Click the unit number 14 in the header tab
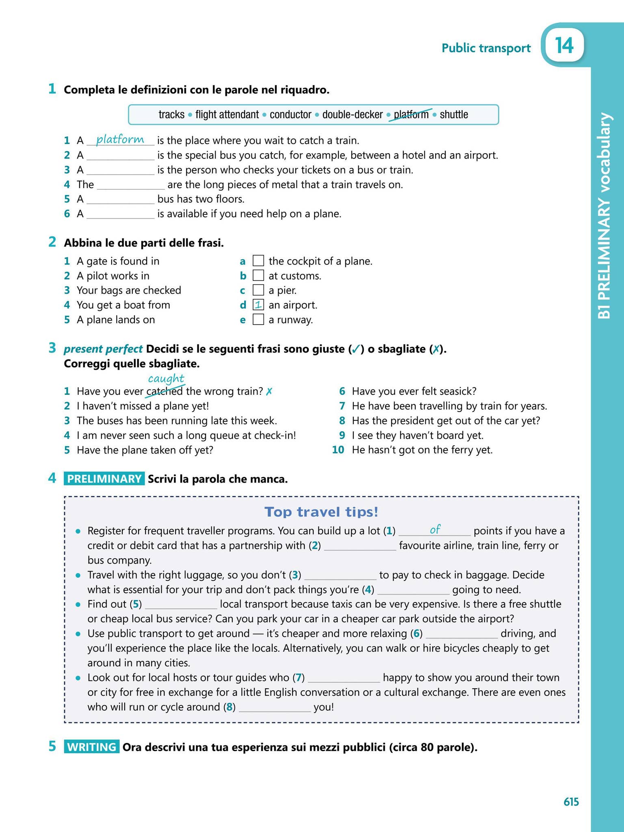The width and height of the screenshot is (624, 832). (x=564, y=45)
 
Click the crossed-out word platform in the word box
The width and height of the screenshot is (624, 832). (x=411, y=115)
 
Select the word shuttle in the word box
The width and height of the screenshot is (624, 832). (x=454, y=115)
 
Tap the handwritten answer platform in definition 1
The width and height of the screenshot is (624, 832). (x=120, y=139)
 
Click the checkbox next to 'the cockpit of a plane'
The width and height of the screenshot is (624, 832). (x=258, y=261)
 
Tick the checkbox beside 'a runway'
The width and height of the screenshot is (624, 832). (x=258, y=320)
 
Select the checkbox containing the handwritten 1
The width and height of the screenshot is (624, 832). (x=258, y=305)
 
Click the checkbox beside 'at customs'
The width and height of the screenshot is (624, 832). (x=258, y=276)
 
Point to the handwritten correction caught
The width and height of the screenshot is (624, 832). (x=166, y=379)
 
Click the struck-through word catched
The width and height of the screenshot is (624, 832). (x=164, y=391)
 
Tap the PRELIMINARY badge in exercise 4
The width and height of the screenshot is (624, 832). (x=104, y=479)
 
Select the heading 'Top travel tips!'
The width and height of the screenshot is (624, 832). (x=321, y=512)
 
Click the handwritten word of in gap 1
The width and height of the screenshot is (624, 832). (x=435, y=529)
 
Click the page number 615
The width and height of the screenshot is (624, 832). (x=571, y=802)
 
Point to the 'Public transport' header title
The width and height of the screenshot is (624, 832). (x=486, y=48)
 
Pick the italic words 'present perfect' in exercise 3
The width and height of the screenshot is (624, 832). (x=103, y=349)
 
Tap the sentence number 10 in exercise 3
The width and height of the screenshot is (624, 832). (x=338, y=450)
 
